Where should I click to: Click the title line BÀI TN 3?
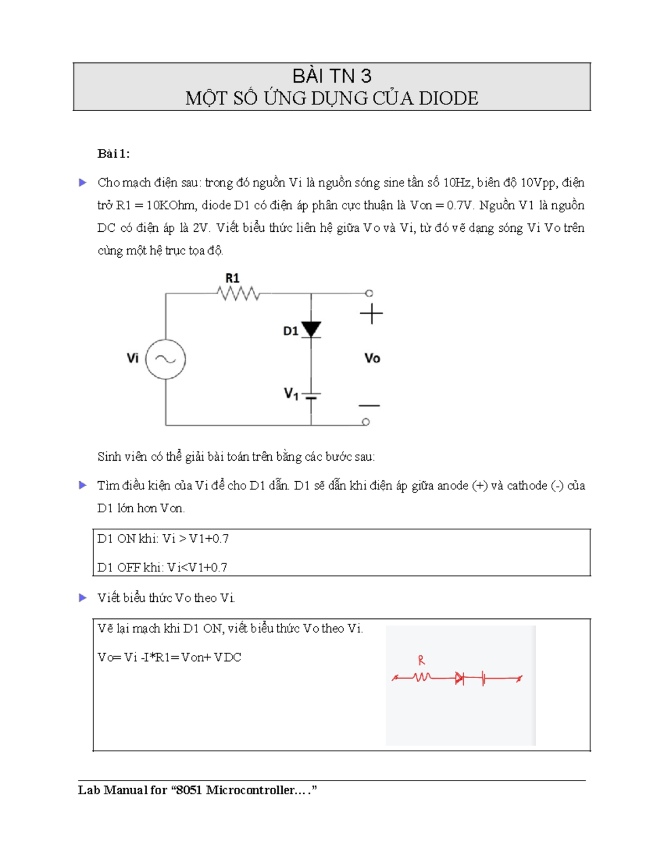(x=331, y=76)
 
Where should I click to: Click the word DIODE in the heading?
(x=448, y=98)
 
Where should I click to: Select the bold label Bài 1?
(x=113, y=154)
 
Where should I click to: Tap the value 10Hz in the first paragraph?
(x=458, y=183)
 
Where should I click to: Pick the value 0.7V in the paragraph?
(x=460, y=205)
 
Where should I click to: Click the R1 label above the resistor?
(x=232, y=278)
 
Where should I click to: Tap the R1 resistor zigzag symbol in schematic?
(x=239, y=293)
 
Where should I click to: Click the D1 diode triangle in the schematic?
(x=311, y=329)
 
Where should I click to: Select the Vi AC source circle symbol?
(x=165, y=359)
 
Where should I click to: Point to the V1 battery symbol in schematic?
(x=311, y=396)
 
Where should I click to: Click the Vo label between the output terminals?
(x=372, y=358)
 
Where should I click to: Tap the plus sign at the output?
(x=371, y=314)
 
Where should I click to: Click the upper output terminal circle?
(x=369, y=293)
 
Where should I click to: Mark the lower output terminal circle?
(x=366, y=422)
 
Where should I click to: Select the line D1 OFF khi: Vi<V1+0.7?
(x=162, y=567)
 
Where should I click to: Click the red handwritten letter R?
(x=422, y=660)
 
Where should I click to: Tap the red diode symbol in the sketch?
(x=459, y=678)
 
